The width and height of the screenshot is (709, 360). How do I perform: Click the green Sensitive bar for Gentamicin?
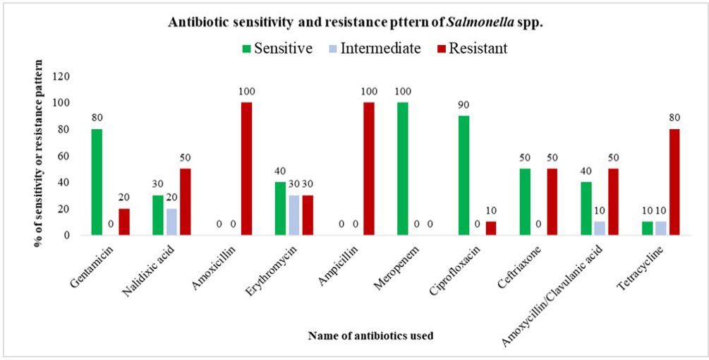coord(97,182)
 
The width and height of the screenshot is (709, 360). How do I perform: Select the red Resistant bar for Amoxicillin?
coord(246,169)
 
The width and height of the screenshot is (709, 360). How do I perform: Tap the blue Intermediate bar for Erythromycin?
coord(294,215)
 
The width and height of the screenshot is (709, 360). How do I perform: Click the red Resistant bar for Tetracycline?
coord(674,182)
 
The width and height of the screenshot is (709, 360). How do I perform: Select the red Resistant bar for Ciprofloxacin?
coord(490,229)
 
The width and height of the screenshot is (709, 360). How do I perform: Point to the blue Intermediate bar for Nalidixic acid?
coord(171,222)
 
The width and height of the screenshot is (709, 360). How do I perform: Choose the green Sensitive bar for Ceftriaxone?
coord(525,202)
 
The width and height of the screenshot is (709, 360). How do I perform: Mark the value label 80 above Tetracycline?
coord(674,119)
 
